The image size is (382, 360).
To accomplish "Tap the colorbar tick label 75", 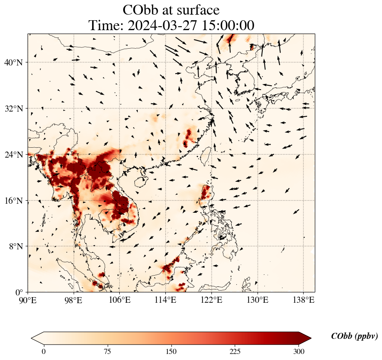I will click(107, 351).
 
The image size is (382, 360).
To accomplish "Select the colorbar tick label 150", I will click(171, 351).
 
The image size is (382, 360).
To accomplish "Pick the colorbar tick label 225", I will click(235, 351).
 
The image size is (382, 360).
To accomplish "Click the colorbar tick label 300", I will click(299, 351).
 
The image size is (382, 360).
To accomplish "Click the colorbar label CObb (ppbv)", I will click(354, 336).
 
